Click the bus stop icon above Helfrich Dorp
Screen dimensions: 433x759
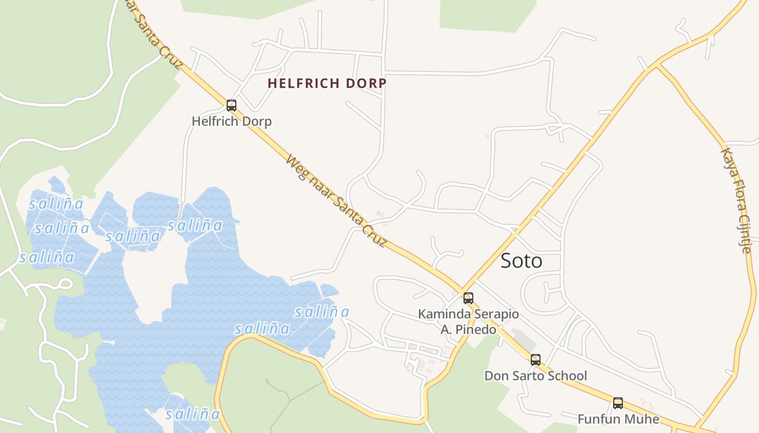231,106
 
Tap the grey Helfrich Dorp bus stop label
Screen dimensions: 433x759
231,121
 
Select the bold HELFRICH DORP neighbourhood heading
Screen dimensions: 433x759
327,83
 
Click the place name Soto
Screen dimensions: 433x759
521,261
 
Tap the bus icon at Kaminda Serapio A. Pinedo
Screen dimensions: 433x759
468,298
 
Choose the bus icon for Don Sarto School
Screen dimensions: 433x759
536,360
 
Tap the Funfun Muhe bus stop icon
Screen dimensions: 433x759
618,403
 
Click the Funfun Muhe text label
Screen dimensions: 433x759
618,419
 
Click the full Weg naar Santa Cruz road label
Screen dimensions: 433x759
336,200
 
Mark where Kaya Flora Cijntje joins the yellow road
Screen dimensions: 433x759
657,67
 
